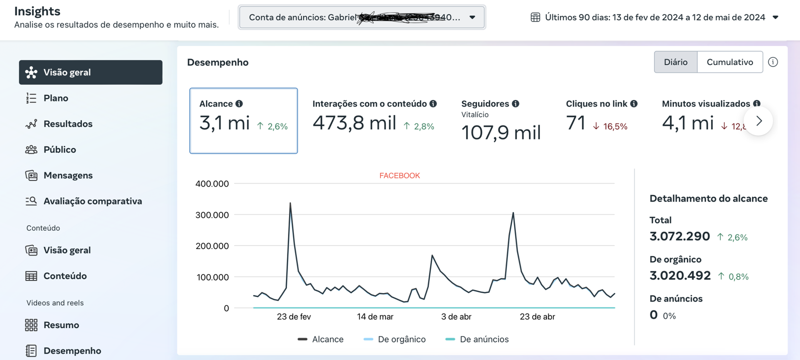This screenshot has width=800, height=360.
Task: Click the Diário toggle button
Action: [675, 62]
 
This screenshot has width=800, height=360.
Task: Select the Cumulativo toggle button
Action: [729, 62]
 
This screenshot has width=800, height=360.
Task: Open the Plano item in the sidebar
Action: [55, 98]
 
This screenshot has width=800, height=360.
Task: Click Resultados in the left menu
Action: [67, 124]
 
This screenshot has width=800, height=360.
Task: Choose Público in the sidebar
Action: [59, 149]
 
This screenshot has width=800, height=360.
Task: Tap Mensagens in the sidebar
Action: [68, 175]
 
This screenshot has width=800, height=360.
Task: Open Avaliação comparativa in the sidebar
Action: [92, 201]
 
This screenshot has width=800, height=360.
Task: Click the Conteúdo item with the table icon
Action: [64, 276]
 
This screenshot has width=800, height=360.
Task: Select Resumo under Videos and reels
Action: [61, 325]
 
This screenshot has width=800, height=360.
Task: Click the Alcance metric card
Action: [243, 120]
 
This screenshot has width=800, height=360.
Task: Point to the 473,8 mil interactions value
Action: [354, 123]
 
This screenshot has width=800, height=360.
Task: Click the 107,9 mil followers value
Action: [501, 133]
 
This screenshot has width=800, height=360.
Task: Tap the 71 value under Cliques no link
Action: [575, 123]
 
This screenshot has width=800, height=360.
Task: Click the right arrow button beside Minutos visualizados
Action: [758, 121]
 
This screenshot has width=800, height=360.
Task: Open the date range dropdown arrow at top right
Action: [775, 17]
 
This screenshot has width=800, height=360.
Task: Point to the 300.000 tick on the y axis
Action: [212, 215]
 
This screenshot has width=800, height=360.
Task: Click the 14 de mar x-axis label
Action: [375, 316]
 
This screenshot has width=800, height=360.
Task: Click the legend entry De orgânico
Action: [401, 339]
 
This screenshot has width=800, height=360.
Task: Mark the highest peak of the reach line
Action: [290, 203]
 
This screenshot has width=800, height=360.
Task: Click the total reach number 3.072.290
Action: [679, 236]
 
